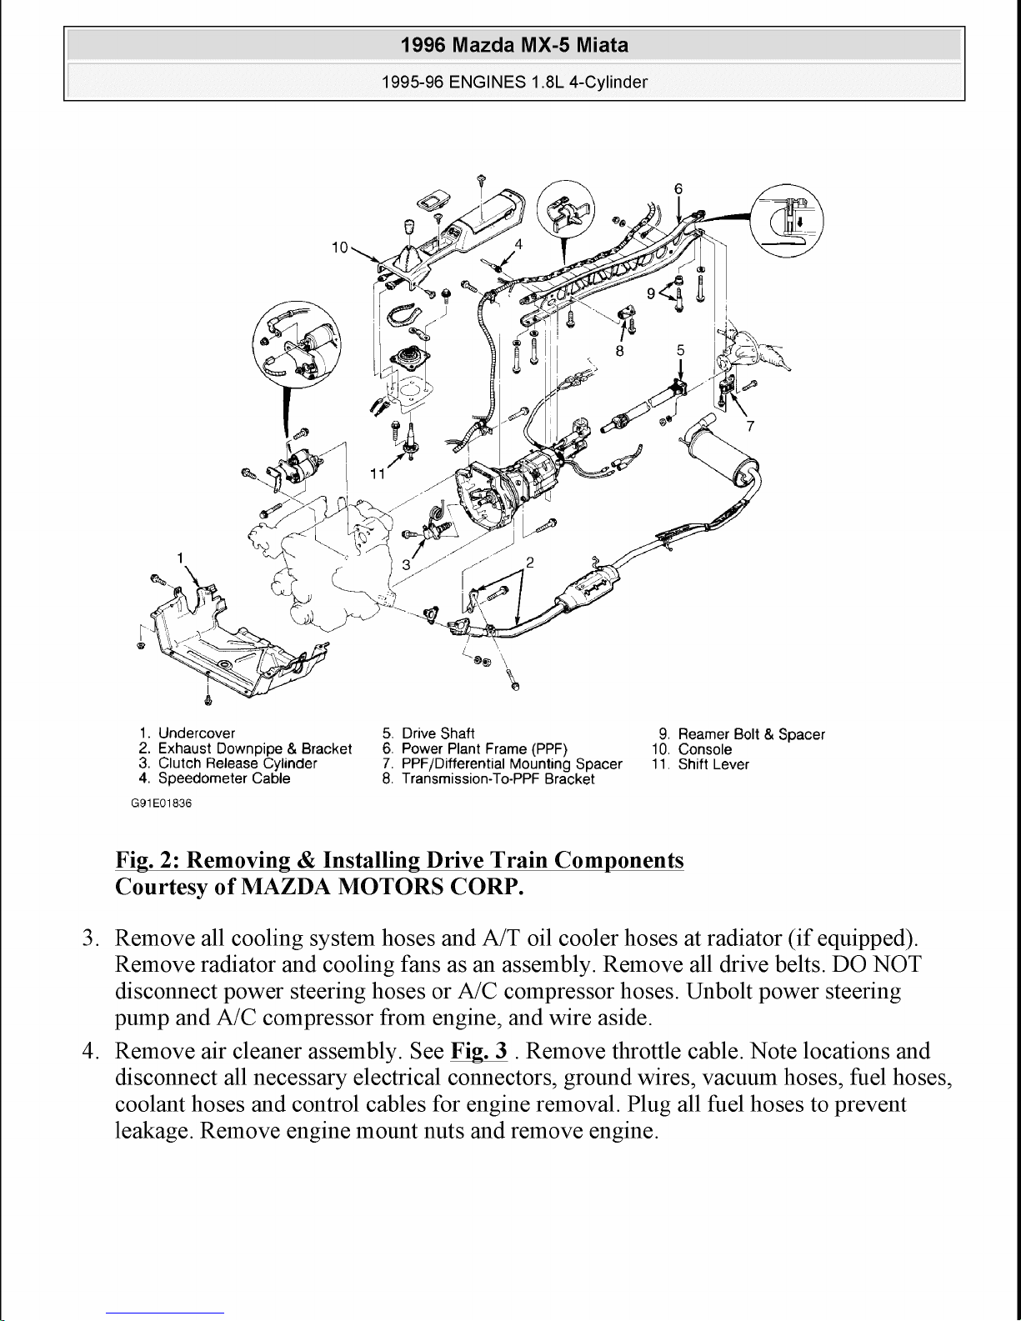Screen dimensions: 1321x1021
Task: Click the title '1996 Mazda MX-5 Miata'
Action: (x=513, y=45)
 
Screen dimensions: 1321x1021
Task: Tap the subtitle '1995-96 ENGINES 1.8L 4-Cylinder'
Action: (x=513, y=83)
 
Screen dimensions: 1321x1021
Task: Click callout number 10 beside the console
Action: (x=339, y=248)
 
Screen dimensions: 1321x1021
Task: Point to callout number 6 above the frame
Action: (x=678, y=189)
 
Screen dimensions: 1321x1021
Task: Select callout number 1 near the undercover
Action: (x=180, y=558)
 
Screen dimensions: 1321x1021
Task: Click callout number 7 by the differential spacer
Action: (x=750, y=427)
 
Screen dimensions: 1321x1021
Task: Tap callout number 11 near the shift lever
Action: (x=378, y=474)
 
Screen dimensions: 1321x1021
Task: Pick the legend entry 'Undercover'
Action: (x=196, y=733)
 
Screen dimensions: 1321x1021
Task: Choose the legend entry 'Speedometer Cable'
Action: (x=223, y=778)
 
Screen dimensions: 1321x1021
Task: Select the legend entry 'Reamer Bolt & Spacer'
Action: (x=750, y=734)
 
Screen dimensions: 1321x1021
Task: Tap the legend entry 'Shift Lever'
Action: (x=713, y=764)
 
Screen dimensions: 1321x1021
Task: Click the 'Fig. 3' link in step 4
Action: (x=478, y=1051)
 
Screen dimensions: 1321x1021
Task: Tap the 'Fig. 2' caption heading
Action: (x=398, y=860)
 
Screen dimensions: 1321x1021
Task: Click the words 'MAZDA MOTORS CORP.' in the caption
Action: (x=382, y=887)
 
